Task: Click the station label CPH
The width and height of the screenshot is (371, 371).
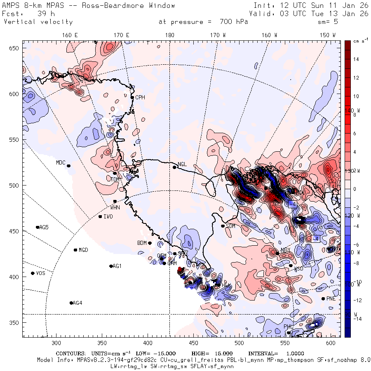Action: click(141, 97)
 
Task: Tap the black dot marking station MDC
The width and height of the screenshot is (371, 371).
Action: click(68, 166)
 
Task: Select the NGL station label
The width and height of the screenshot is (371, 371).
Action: click(182, 164)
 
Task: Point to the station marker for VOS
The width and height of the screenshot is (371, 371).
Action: click(33, 273)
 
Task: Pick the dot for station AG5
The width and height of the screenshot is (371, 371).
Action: click(38, 227)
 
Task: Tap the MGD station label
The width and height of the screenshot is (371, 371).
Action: click(83, 250)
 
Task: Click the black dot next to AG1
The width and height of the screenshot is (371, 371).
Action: click(111, 266)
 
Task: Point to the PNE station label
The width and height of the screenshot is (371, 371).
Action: click(331, 298)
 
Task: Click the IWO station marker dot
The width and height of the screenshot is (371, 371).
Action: click(100, 216)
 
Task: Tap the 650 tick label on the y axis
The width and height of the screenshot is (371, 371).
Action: click(15, 49)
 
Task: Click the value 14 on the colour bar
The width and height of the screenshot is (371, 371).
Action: click(356, 59)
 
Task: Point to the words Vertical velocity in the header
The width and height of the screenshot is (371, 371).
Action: click(38, 22)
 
